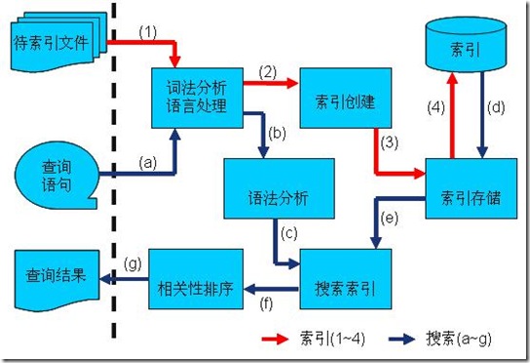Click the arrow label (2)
(x=266, y=70)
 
